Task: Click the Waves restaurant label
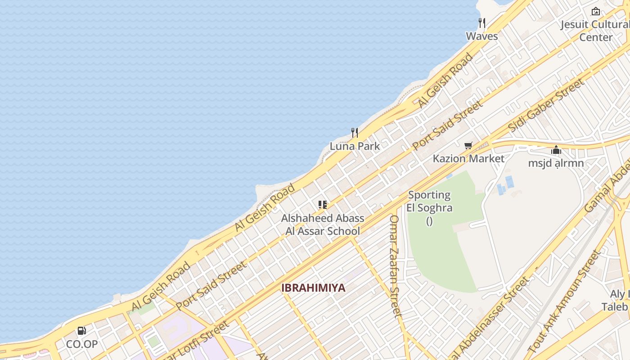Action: click(481, 36)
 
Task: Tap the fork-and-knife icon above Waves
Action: click(482, 22)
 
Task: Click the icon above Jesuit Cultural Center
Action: click(596, 11)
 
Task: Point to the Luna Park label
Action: click(355, 146)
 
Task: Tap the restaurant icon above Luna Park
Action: click(355, 133)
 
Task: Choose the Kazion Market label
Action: click(468, 158)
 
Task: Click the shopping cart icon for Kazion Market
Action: click(468, 145)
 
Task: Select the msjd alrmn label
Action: click(556, 163)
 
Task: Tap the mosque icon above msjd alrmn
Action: click(556, 150)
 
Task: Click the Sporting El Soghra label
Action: click(429, 202)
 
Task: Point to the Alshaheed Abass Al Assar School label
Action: click(323, 225)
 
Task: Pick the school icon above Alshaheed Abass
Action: click(322, 205)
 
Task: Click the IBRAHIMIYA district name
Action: click(313, 288)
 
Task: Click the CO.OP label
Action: click(82, 344)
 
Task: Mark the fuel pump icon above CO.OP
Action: click(82, 331)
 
